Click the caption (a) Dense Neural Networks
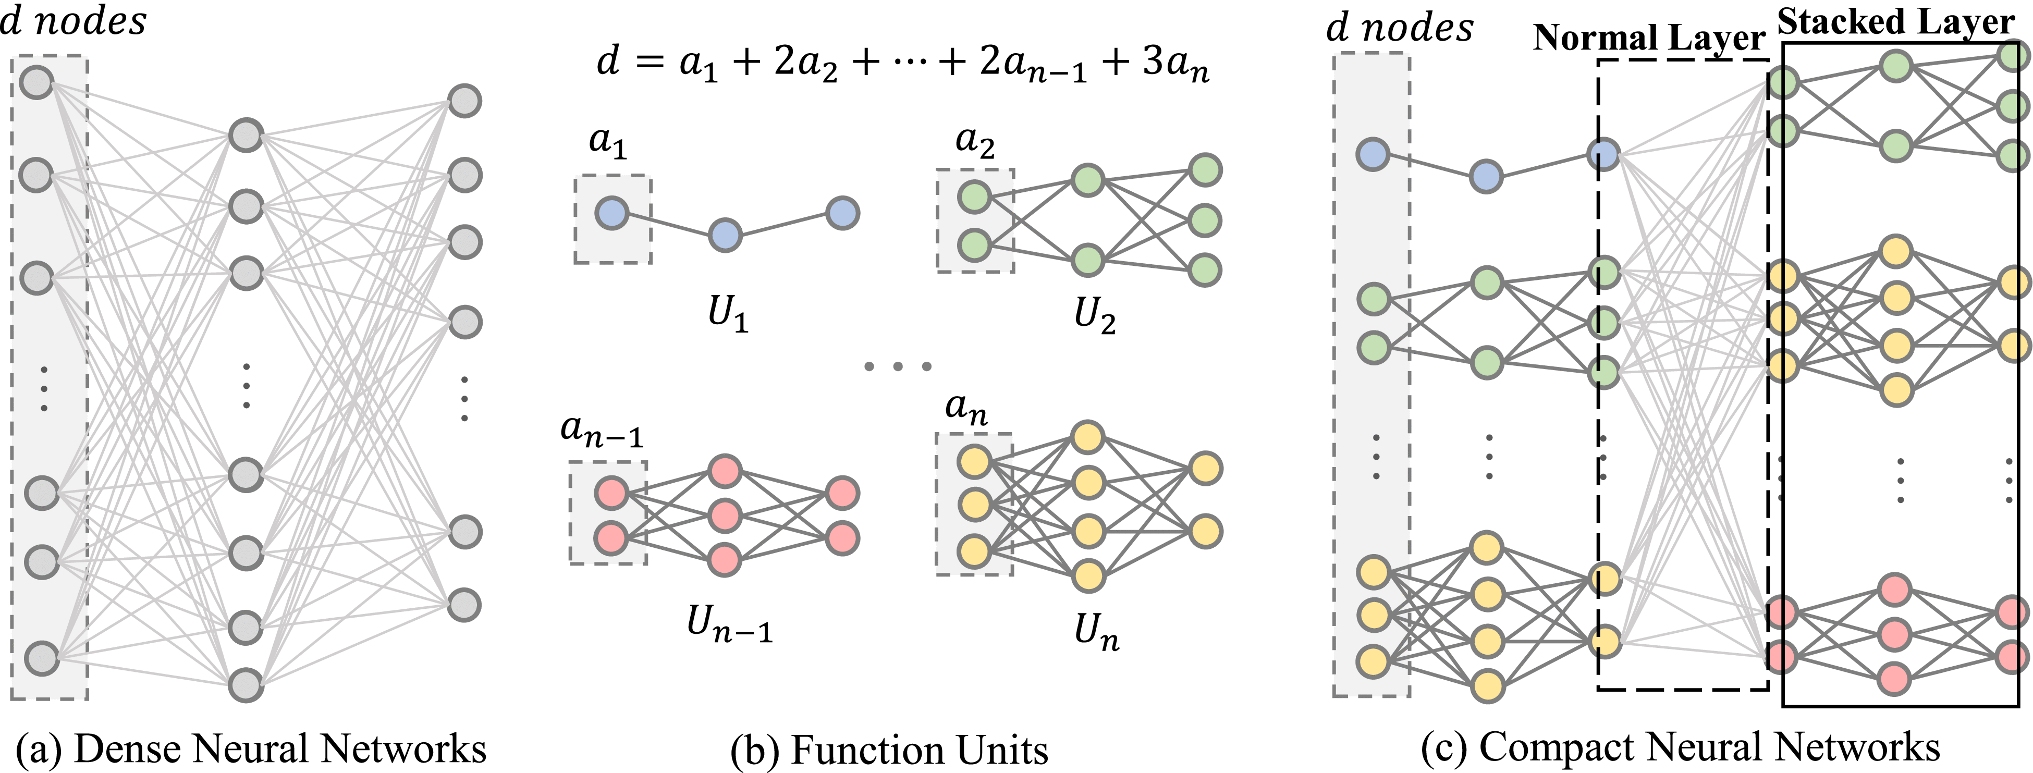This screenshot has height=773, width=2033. coord(251,749)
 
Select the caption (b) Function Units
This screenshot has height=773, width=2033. coord(889,750)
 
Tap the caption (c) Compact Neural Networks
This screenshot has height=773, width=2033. coord(1680,746)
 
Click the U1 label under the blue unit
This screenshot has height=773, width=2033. coord(727,314)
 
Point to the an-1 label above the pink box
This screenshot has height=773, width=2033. coord(602,431)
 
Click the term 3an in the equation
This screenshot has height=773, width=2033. coord(1175,63)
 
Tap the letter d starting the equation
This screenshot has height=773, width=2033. coord(608,61)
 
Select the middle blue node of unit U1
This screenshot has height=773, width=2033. coord(725,235)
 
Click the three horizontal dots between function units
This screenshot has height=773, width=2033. coord(898,366)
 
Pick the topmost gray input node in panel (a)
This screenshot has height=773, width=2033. coord(37,82)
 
